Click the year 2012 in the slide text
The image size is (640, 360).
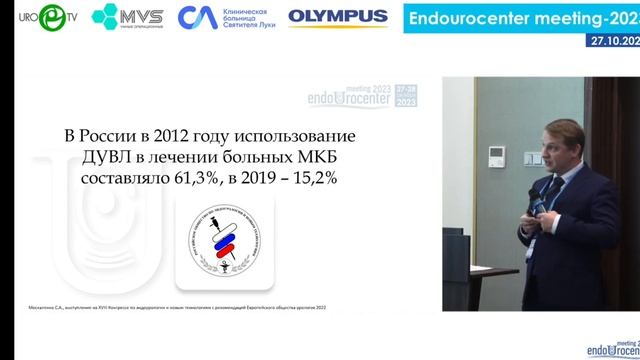point(175,136)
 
